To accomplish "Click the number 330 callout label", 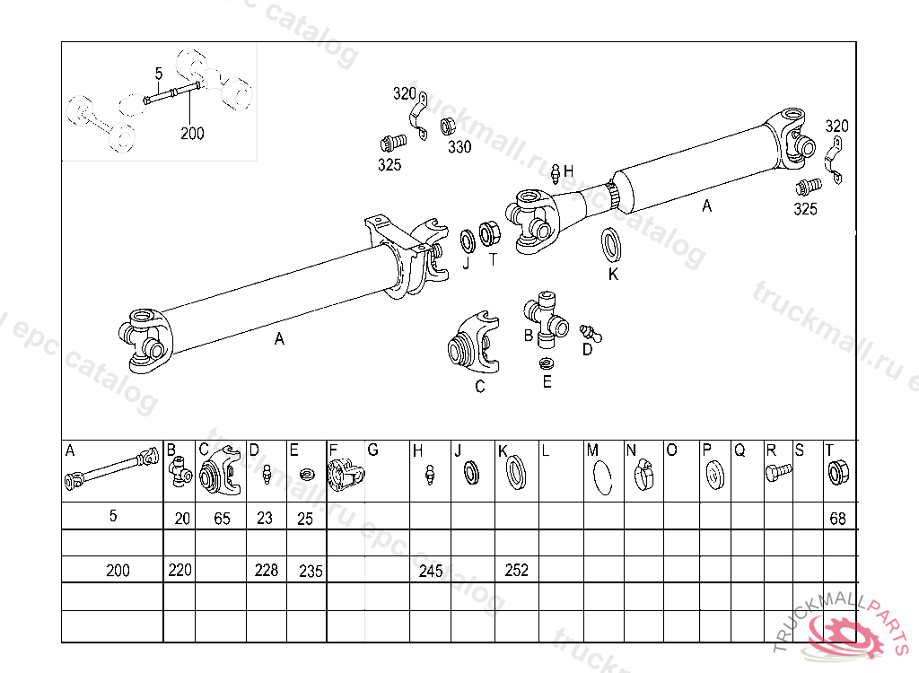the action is (459, 146).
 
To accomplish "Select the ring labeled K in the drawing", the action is (612, 244).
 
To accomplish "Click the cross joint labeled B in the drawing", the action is (547, 319).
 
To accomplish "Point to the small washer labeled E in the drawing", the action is (547, 363).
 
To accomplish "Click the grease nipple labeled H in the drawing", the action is (556, 173).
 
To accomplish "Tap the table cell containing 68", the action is (840, 516).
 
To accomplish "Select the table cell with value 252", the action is (516, 569).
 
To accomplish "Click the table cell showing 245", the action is (430, 569).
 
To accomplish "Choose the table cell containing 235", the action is (306, 569).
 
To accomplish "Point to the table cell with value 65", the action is (221, 516).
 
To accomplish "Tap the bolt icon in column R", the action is (778, 471).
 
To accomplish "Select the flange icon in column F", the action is (346, 475).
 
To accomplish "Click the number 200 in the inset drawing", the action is (192, 134).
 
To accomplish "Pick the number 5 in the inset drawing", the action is (159, 74).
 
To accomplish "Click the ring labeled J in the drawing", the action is (468, 241).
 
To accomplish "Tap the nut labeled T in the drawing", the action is (489, 233).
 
